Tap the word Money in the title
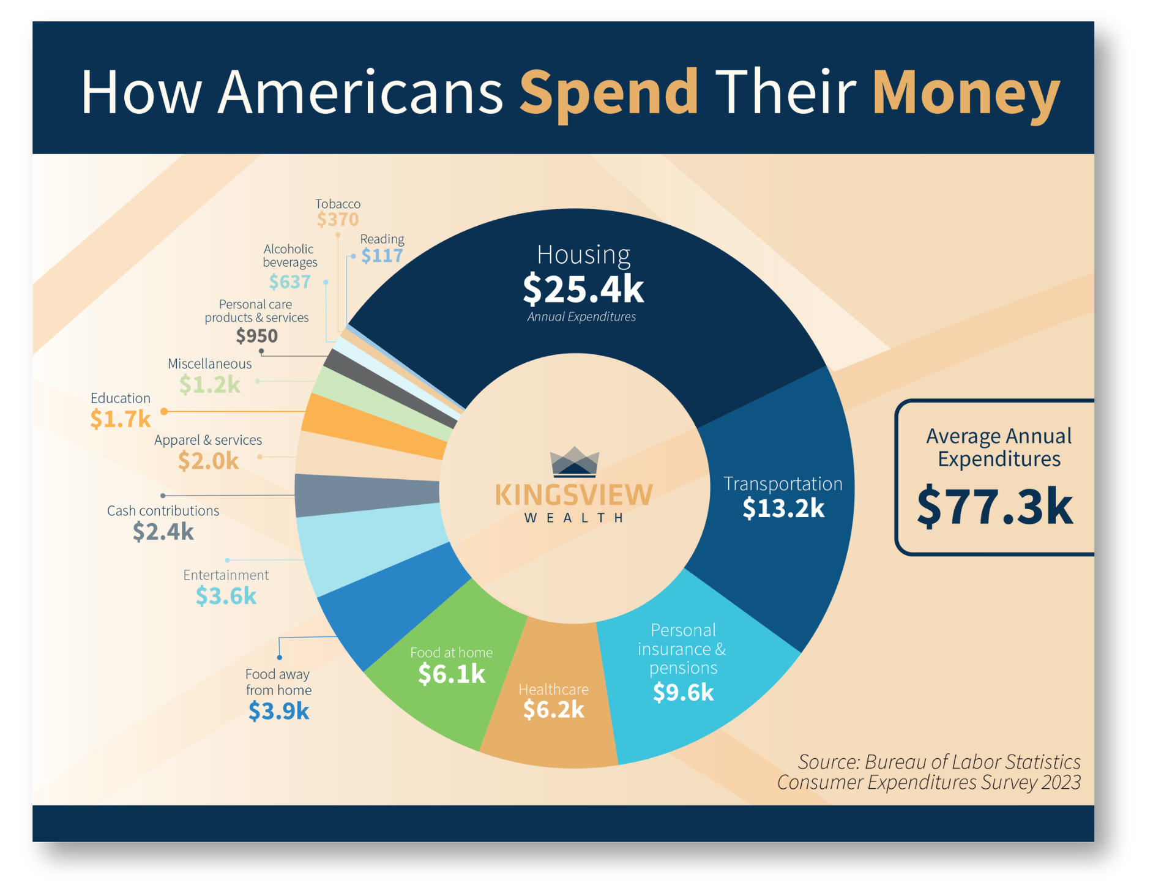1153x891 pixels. [966, 93]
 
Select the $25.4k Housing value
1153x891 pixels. [583, 289]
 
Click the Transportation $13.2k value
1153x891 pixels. [783, 508]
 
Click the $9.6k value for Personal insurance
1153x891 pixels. [683, 692]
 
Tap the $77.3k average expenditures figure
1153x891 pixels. [995, 506]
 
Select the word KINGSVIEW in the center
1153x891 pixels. [574, 494]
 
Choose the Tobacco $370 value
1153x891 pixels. [338, 219]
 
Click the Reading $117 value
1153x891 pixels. [382, 255]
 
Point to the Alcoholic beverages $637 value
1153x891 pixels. [290, 281]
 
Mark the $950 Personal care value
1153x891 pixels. [257, 335]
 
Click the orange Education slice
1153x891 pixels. [373, 425]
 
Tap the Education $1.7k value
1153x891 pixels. [121, 419]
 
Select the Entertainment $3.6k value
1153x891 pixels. [226, 595]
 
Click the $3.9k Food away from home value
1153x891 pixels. [278, 710]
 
